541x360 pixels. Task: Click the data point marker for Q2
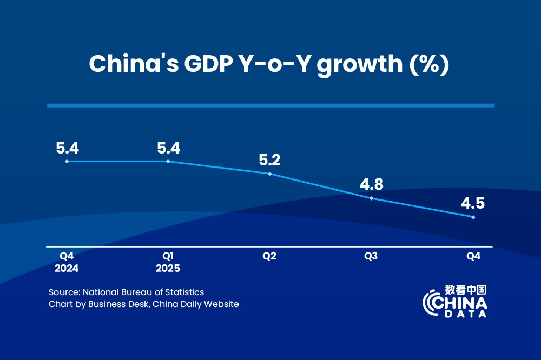coord(270,174)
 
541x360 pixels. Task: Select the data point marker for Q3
coord(372,198)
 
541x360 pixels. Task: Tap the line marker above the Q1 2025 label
coord(168,161)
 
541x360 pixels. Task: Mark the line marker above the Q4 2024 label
coord(67,161)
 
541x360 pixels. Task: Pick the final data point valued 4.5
coord(473,217)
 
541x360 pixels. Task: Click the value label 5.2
coord(270,160)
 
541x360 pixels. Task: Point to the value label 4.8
coord(372,185)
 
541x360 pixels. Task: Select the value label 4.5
coord(473,204)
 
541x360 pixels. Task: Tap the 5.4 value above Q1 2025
coord(168,147)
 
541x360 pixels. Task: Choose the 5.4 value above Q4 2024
coord(67,147)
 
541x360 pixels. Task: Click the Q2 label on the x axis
coord(269,256)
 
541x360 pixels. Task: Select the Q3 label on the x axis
coord(371,256)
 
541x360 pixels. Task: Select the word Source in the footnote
coord(63,292)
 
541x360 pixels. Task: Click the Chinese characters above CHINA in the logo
coord(466,290)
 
